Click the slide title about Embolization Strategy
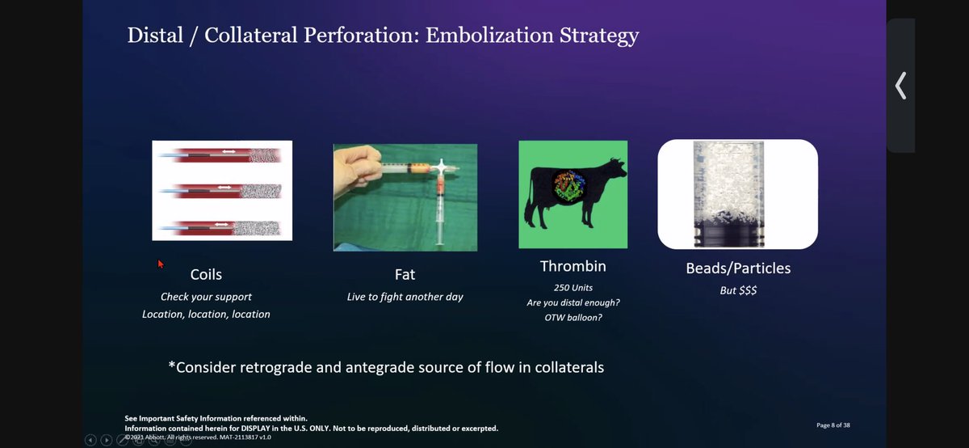tap(383, 36)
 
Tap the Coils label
tap(206, 275)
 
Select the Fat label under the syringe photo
tap(405, 275)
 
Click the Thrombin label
tap(573, 266)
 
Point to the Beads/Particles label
tap(738, 268)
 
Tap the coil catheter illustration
tap(222, 191)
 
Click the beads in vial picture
tap(737, 194)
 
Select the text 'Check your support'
tap(206, 297)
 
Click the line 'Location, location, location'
tap(206, 314)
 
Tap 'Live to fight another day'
tap(405, 297)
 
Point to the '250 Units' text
tap(573, 287)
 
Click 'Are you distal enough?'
tap(573, 302)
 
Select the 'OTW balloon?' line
tap(573, 317)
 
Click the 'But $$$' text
tap(738, 290)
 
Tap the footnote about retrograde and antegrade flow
tap(386, 367)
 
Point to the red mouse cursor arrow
tap(160, 263)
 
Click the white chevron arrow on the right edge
tap(900, 85)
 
